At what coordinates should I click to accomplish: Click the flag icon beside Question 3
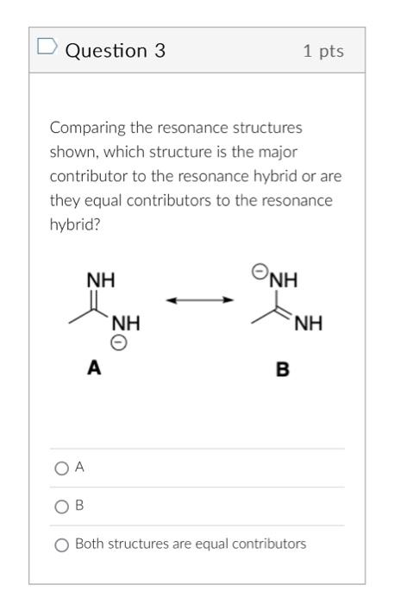47,50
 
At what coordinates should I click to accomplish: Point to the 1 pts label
323,52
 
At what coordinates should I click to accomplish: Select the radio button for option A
60,468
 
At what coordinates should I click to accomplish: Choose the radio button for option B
60,506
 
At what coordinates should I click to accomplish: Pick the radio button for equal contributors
60,544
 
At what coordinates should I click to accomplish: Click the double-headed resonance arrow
199,300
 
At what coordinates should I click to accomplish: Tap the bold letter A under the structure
93,368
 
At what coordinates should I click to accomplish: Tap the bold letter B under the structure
282,370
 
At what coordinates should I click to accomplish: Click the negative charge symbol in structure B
259,271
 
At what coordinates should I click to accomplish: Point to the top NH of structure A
101,280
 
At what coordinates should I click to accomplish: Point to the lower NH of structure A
125,324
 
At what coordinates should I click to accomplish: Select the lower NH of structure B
308,324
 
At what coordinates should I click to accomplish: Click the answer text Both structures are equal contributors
190,544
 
